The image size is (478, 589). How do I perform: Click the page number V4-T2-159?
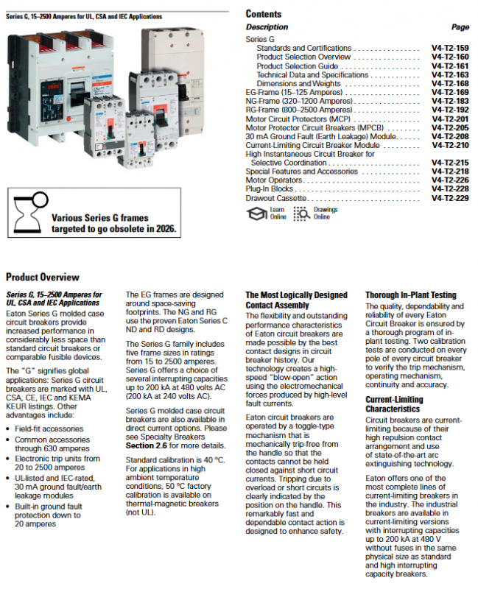(450, 49)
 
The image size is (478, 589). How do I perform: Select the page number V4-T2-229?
(450, 198)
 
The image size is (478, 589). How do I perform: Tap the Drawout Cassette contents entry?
(276, 198)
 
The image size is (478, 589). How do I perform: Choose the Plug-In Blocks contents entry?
(270, 189)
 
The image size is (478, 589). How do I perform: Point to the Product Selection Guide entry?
(298, 66)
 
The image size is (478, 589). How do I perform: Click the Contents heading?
(264, 14)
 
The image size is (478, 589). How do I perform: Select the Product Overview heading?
(43, 278)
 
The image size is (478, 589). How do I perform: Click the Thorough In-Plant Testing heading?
(410, 295)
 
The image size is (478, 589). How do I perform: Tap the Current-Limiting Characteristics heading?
(395, 403)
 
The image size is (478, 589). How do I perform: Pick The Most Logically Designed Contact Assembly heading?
(296, 300)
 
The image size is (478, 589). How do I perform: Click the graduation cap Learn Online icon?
(256, 214)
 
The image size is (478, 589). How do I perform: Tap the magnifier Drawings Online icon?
(301, 214)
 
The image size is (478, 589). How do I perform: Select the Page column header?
(460, 27)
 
